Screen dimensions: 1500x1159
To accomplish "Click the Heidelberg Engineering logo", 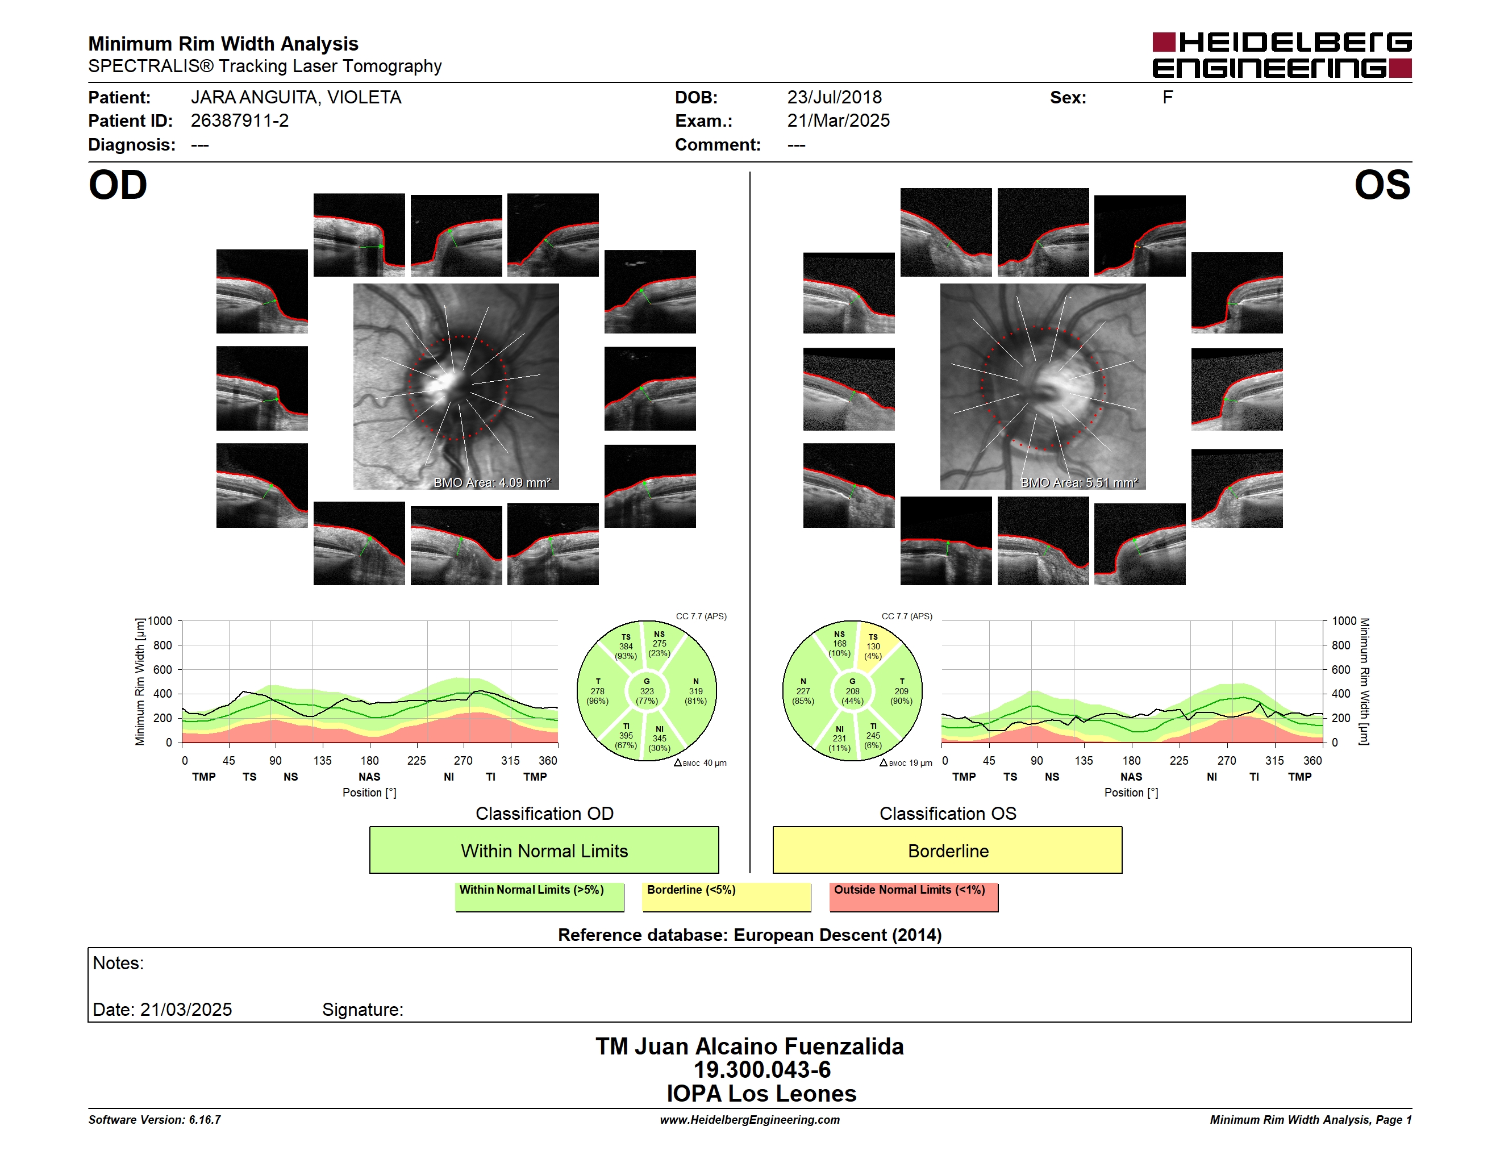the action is (1282, 55).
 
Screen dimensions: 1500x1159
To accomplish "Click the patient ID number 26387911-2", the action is (240, 121).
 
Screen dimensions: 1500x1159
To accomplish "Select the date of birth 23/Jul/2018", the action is (835, 98).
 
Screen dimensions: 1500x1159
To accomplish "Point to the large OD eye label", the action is (118, 185).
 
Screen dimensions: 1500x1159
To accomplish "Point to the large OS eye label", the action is (1382, 185).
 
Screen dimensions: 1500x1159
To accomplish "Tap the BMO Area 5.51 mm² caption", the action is (1079, 483).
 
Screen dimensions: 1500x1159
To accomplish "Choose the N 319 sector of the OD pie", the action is (695, 691).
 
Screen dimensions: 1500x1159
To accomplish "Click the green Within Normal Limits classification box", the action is (544, 850).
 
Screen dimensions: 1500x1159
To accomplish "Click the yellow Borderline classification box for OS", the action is (948, 850).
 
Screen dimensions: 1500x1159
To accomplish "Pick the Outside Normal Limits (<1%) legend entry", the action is (914, 897).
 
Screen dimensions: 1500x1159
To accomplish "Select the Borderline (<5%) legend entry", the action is (727, 897).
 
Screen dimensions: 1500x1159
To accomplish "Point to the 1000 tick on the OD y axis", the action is (160, 622).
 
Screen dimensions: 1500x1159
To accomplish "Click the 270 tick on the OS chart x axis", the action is (1227, 761).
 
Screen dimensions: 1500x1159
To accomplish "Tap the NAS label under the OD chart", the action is (369, 777).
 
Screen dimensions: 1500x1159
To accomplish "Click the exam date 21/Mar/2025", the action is (838, 121).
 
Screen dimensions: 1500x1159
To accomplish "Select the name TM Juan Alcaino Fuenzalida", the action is (749, 1047).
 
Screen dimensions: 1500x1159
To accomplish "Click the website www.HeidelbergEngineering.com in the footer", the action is (749, 1120).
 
